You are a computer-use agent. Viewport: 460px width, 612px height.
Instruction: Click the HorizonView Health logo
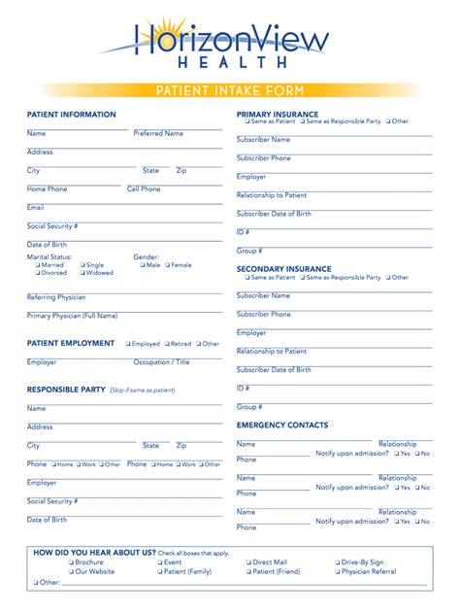click(230, 43)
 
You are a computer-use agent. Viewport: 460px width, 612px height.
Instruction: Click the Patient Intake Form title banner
click(230, 90)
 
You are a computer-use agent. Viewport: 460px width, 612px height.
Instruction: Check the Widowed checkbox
click(82, 273)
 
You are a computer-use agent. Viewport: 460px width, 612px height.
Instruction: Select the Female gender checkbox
click(168, 265)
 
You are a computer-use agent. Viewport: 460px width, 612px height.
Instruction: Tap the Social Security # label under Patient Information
click(52, 225)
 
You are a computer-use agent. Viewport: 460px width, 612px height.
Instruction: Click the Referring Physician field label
click(56, 297)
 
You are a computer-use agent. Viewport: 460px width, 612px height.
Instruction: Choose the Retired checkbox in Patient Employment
click(166, 344)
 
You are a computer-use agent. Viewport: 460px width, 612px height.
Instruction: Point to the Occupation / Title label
click(162, 362)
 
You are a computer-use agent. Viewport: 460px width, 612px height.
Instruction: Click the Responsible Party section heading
click(66, 390)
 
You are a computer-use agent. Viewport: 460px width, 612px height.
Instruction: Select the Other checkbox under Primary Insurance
click(388, 121)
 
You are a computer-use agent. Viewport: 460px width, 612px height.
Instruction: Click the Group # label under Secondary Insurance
click(249, 407)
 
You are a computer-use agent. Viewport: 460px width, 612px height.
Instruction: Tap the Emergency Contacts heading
click(282, 425)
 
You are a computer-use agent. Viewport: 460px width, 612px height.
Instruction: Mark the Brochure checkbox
click(70, 562)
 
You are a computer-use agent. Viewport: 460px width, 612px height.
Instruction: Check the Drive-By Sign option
click(338, 562)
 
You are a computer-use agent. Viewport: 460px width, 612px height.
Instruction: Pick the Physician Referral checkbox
click(338, 572)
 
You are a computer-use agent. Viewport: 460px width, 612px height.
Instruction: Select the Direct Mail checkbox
click(248, 562)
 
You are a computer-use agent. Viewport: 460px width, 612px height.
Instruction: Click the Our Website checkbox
click(70, 572)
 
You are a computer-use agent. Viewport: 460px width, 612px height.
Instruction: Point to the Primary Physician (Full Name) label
click(73, 316)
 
